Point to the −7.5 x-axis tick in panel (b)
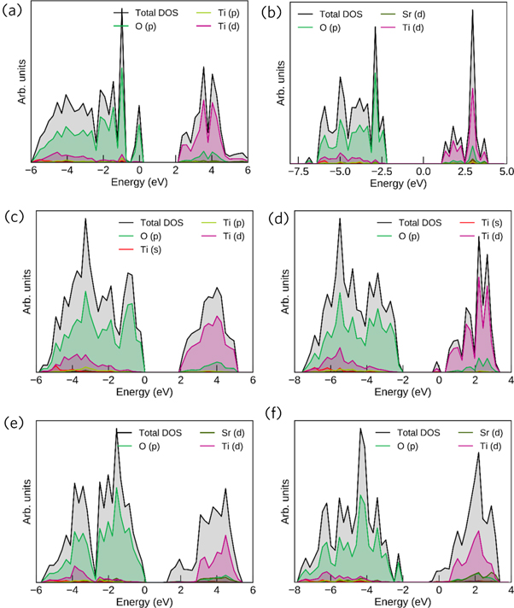(299, 172)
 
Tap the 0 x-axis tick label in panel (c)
(145, 381)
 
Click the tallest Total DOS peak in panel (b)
(472, 10)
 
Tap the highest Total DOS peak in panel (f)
(361, 429)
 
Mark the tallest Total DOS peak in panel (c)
(85, 219)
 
